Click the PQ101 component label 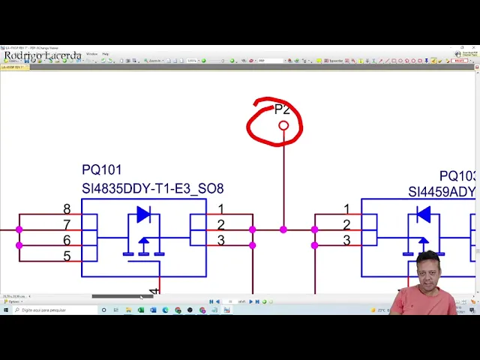(101, 170)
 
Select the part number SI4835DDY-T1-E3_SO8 (152, 188)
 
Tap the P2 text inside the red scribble (282, 109)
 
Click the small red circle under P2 (283, 125)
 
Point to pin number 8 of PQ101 (67, 209)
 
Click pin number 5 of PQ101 (67, 256)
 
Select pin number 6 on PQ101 (67, 240)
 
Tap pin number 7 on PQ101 (67, 225)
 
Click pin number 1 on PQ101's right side (220, 209)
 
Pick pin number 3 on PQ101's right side (220, 241)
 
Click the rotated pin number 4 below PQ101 (154, 290)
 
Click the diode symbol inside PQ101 (143, 215)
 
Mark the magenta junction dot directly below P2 (283, 229)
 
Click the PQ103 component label (457, 176)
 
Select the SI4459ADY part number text (442, 192)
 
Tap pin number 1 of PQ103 (346, 209)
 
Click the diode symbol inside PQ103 (423, 215)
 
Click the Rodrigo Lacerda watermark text (43, 55)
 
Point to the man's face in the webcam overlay (428, 270)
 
